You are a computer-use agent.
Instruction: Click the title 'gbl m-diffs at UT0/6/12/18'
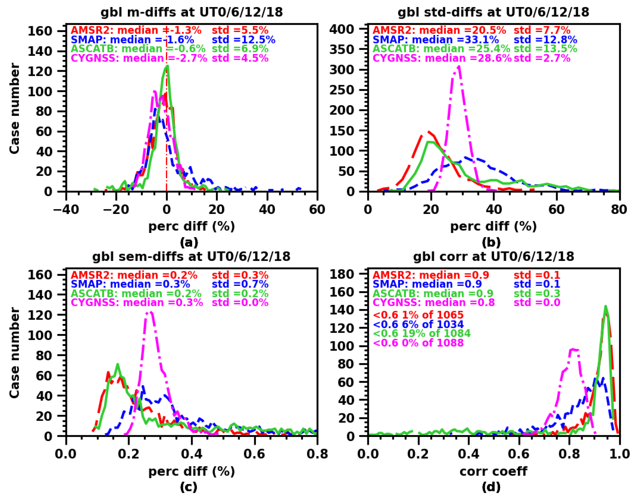[192, 12]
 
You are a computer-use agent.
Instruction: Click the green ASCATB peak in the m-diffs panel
[167, 66]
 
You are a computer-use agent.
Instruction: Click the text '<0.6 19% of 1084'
[422, 333]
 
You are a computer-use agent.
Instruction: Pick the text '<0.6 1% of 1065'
[418, 315]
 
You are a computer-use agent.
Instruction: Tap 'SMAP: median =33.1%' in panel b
[436, 40]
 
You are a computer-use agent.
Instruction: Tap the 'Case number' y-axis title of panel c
[14, 353]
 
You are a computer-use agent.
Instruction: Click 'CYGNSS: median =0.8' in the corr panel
[434, 302]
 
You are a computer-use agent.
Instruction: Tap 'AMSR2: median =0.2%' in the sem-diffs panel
[134, 275]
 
